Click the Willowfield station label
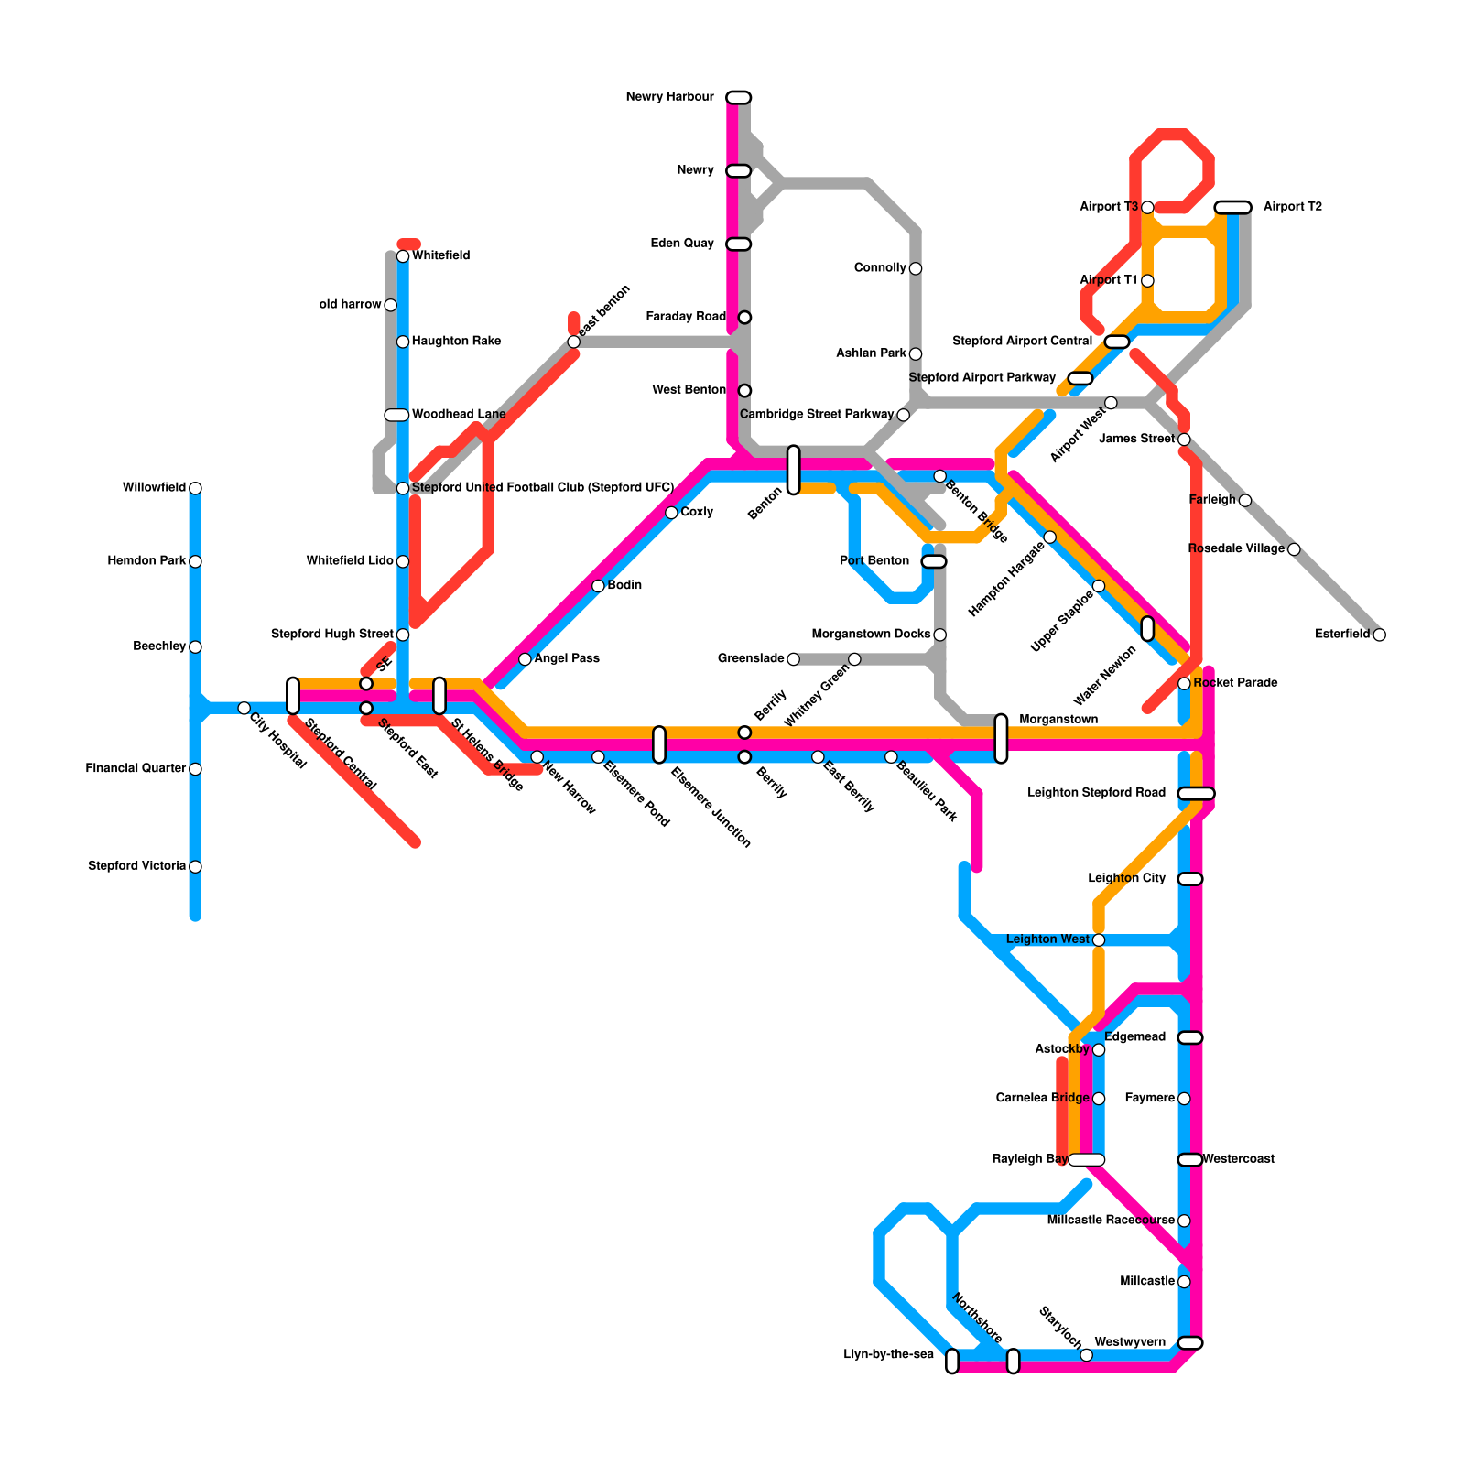click(154, 488)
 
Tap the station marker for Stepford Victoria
click(195, 866)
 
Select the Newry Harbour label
click(669, 97)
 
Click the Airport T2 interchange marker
click(1232, 207)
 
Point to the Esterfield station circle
click(1379, 635)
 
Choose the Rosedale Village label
click(1236, 549)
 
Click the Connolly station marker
click(916, 268)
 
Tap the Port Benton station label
click(874, 561)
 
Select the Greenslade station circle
click(793, 659)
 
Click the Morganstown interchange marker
click(1001, 738)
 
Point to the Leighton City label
click(1126, 879)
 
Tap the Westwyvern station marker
click(1189, 1342)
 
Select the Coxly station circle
click(671, 513)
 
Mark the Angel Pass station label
click(567, 659)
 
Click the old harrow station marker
click(390, 305)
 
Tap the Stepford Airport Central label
click(1022, 342)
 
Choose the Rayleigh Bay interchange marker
click(1086, 1160)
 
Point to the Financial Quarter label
click(136, 769)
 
